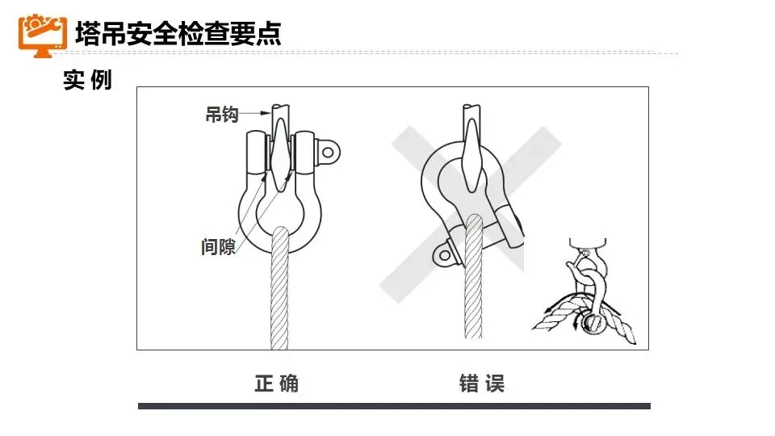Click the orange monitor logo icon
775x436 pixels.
pyautogui.click(x=42, y=35)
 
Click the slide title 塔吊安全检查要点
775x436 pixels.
pyautogui.click(x=178, y=34)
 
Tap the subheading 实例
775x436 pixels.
pyautogui.click(x=87, y=80)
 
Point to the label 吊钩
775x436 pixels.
pyautogui.click(x=222, y=114)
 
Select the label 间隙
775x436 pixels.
pyautogui.click(x=218, y=246)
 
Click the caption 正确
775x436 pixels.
pyautogui.click(x=276, y=384)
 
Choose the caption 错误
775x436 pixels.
pyautogui.click(x=482, y=384)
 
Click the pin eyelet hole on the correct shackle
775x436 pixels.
pyautogui.click(x=328, y=153)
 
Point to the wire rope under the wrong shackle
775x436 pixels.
pyautogui.click(x=473, y=277)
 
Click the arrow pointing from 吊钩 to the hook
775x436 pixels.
pyautogui.click(x=255, y=113)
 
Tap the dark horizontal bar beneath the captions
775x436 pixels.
pyautogui.click(x=394, y=406)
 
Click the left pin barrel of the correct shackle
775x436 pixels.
pyautogui.click(x=256, y=153)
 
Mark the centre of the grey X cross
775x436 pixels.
pyautogui.click(x=470, y=213)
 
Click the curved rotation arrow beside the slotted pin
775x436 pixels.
pyautogui.click(x=576, y=321)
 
